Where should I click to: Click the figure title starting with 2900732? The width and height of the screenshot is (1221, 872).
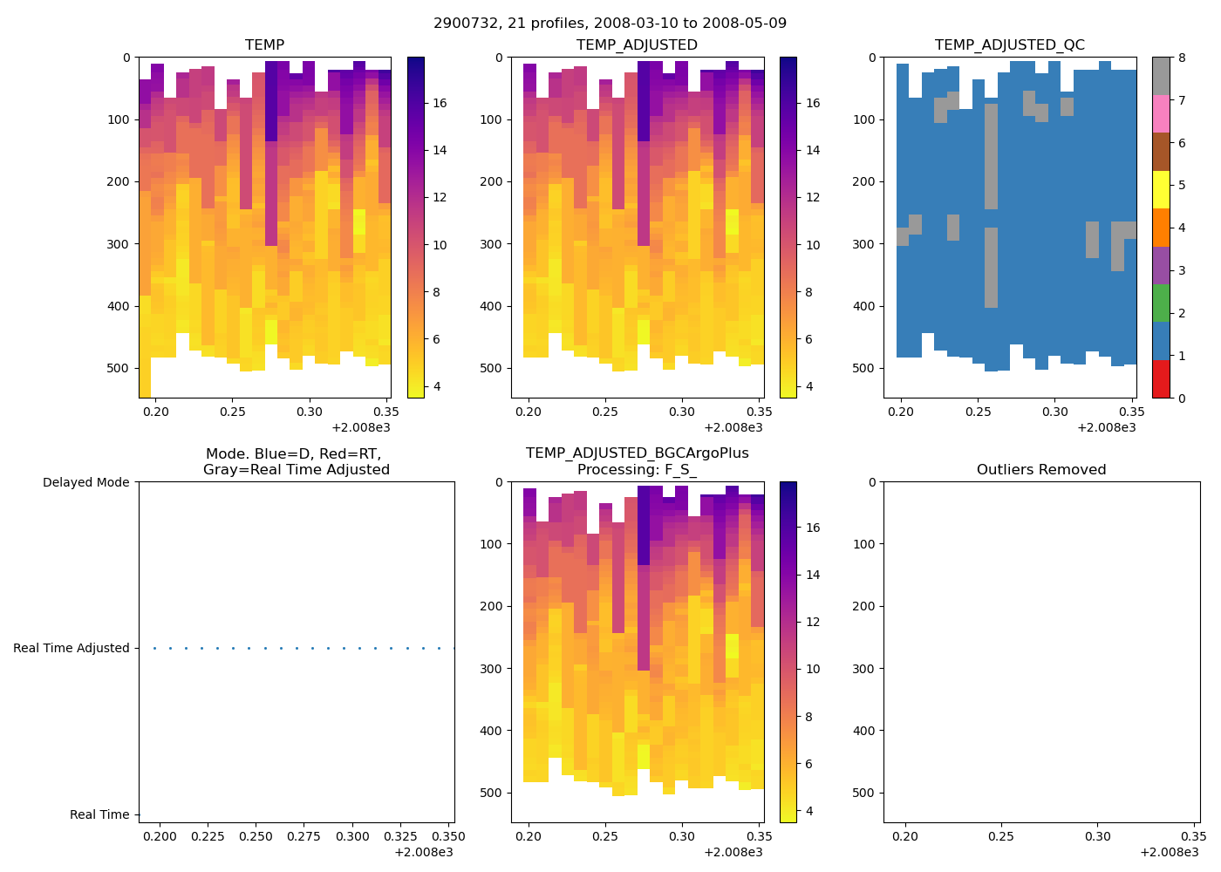click(610, 23)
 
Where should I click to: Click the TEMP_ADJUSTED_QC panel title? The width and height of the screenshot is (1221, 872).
click(1009, 44)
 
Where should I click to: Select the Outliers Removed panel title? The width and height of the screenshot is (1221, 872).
click(1040, 469)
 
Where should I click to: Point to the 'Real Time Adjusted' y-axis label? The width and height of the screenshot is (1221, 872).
click(71, 648)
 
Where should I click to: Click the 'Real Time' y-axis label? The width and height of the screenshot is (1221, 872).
click(99, 814)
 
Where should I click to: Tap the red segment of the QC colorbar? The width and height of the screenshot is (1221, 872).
click(1161, 378)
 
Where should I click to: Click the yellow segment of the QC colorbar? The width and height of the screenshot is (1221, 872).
click(1161, 189)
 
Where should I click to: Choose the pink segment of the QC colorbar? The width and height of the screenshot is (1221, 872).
click(1161, 113)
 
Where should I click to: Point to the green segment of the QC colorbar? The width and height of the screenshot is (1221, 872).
click(1161, 303)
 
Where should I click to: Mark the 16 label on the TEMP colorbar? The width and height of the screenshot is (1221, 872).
click(440, 103)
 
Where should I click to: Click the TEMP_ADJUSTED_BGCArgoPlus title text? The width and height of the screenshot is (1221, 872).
click(637, 453)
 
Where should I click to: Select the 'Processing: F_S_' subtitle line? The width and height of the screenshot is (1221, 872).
click(637, 469)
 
